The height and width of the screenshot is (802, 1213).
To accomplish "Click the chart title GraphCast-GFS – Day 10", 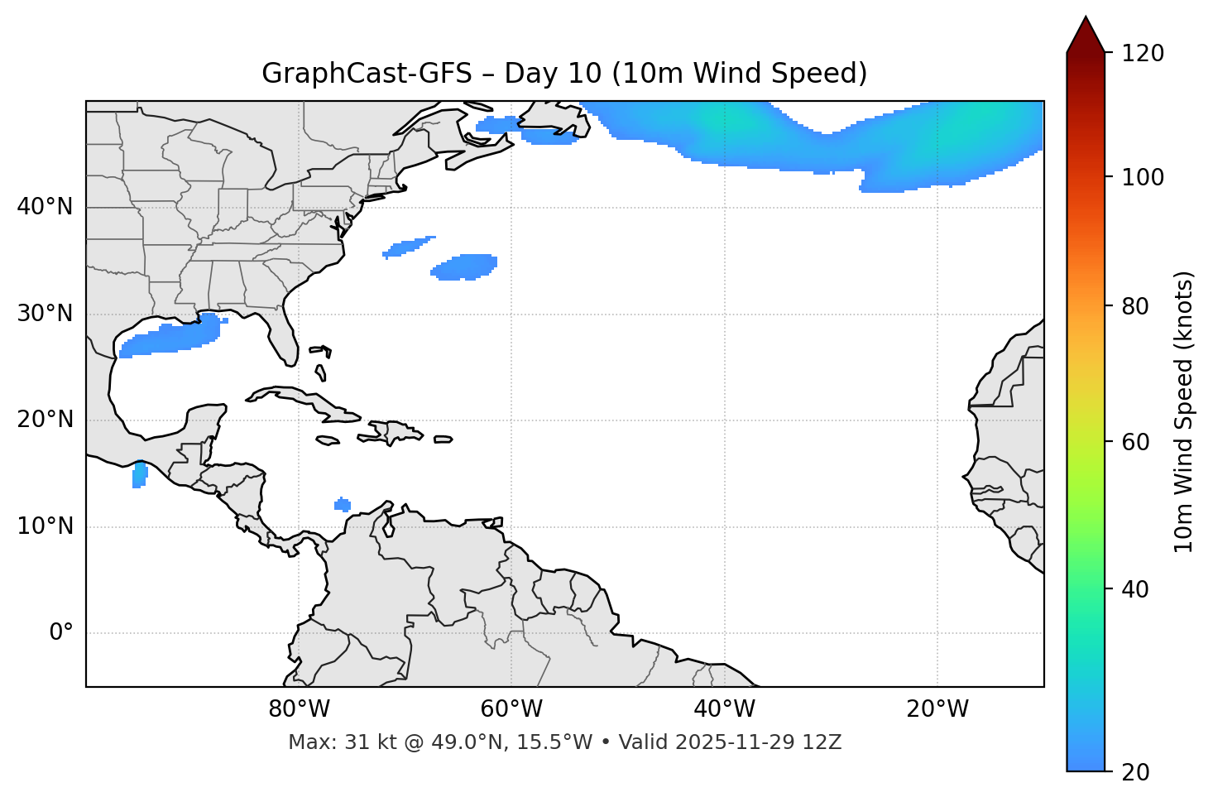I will (x=564, y=74).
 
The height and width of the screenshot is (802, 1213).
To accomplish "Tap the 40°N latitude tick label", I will (x=45, y=207).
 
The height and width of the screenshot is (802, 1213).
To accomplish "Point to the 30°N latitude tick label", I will (x=45, y=314).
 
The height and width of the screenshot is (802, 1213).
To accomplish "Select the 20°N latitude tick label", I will (x=45, y=420).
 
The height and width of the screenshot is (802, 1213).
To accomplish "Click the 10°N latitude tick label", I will (x=45, y=526).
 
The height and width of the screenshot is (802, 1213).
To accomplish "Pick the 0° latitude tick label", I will (x=61, y=633).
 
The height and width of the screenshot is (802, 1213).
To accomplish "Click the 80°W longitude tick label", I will (x=299, y=709).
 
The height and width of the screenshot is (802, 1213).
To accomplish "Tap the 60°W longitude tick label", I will (x=511, y=709).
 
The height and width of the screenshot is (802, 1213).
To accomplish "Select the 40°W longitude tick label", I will (x=724, y=709).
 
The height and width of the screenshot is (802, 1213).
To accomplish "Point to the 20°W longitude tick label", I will (x=937, y=709).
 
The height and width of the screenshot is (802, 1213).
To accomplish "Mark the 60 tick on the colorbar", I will (x=1138, y=442).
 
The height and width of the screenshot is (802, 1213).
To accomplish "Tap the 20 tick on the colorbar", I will (x=1138, y=771).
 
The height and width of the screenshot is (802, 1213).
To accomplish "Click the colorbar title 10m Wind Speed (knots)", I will (x=1185, y=411).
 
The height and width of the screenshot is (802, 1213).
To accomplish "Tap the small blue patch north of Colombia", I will (x=343, y=504).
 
